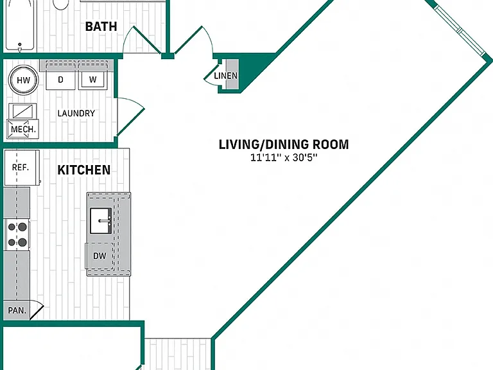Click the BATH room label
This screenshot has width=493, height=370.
tap(101, 26)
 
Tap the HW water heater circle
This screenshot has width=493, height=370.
tap(23, 80)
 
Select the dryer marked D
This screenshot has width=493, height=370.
tap(61, 80)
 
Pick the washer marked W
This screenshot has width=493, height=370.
tap(92, 80)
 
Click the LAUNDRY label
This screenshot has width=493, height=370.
tap(76, 113)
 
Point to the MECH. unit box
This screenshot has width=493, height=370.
tap(23, 129)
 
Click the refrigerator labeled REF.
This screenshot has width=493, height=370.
tap(22, 168)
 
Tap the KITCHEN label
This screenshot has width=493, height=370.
tap(84, 170)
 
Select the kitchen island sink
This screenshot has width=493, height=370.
tap(101, 220)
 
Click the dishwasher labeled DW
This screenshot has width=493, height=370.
tap(99, 256)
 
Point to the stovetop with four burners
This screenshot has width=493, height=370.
tap(17, 234)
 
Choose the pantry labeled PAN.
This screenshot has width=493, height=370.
tap(17, 310)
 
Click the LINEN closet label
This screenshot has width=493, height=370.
tap(226, 76)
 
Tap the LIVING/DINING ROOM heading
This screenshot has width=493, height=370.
tap(284, 145)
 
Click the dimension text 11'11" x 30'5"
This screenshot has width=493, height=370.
tap(284, 157)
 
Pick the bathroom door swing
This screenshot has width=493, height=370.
tap(141, 40)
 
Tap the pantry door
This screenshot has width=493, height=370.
tap(37, 310)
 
